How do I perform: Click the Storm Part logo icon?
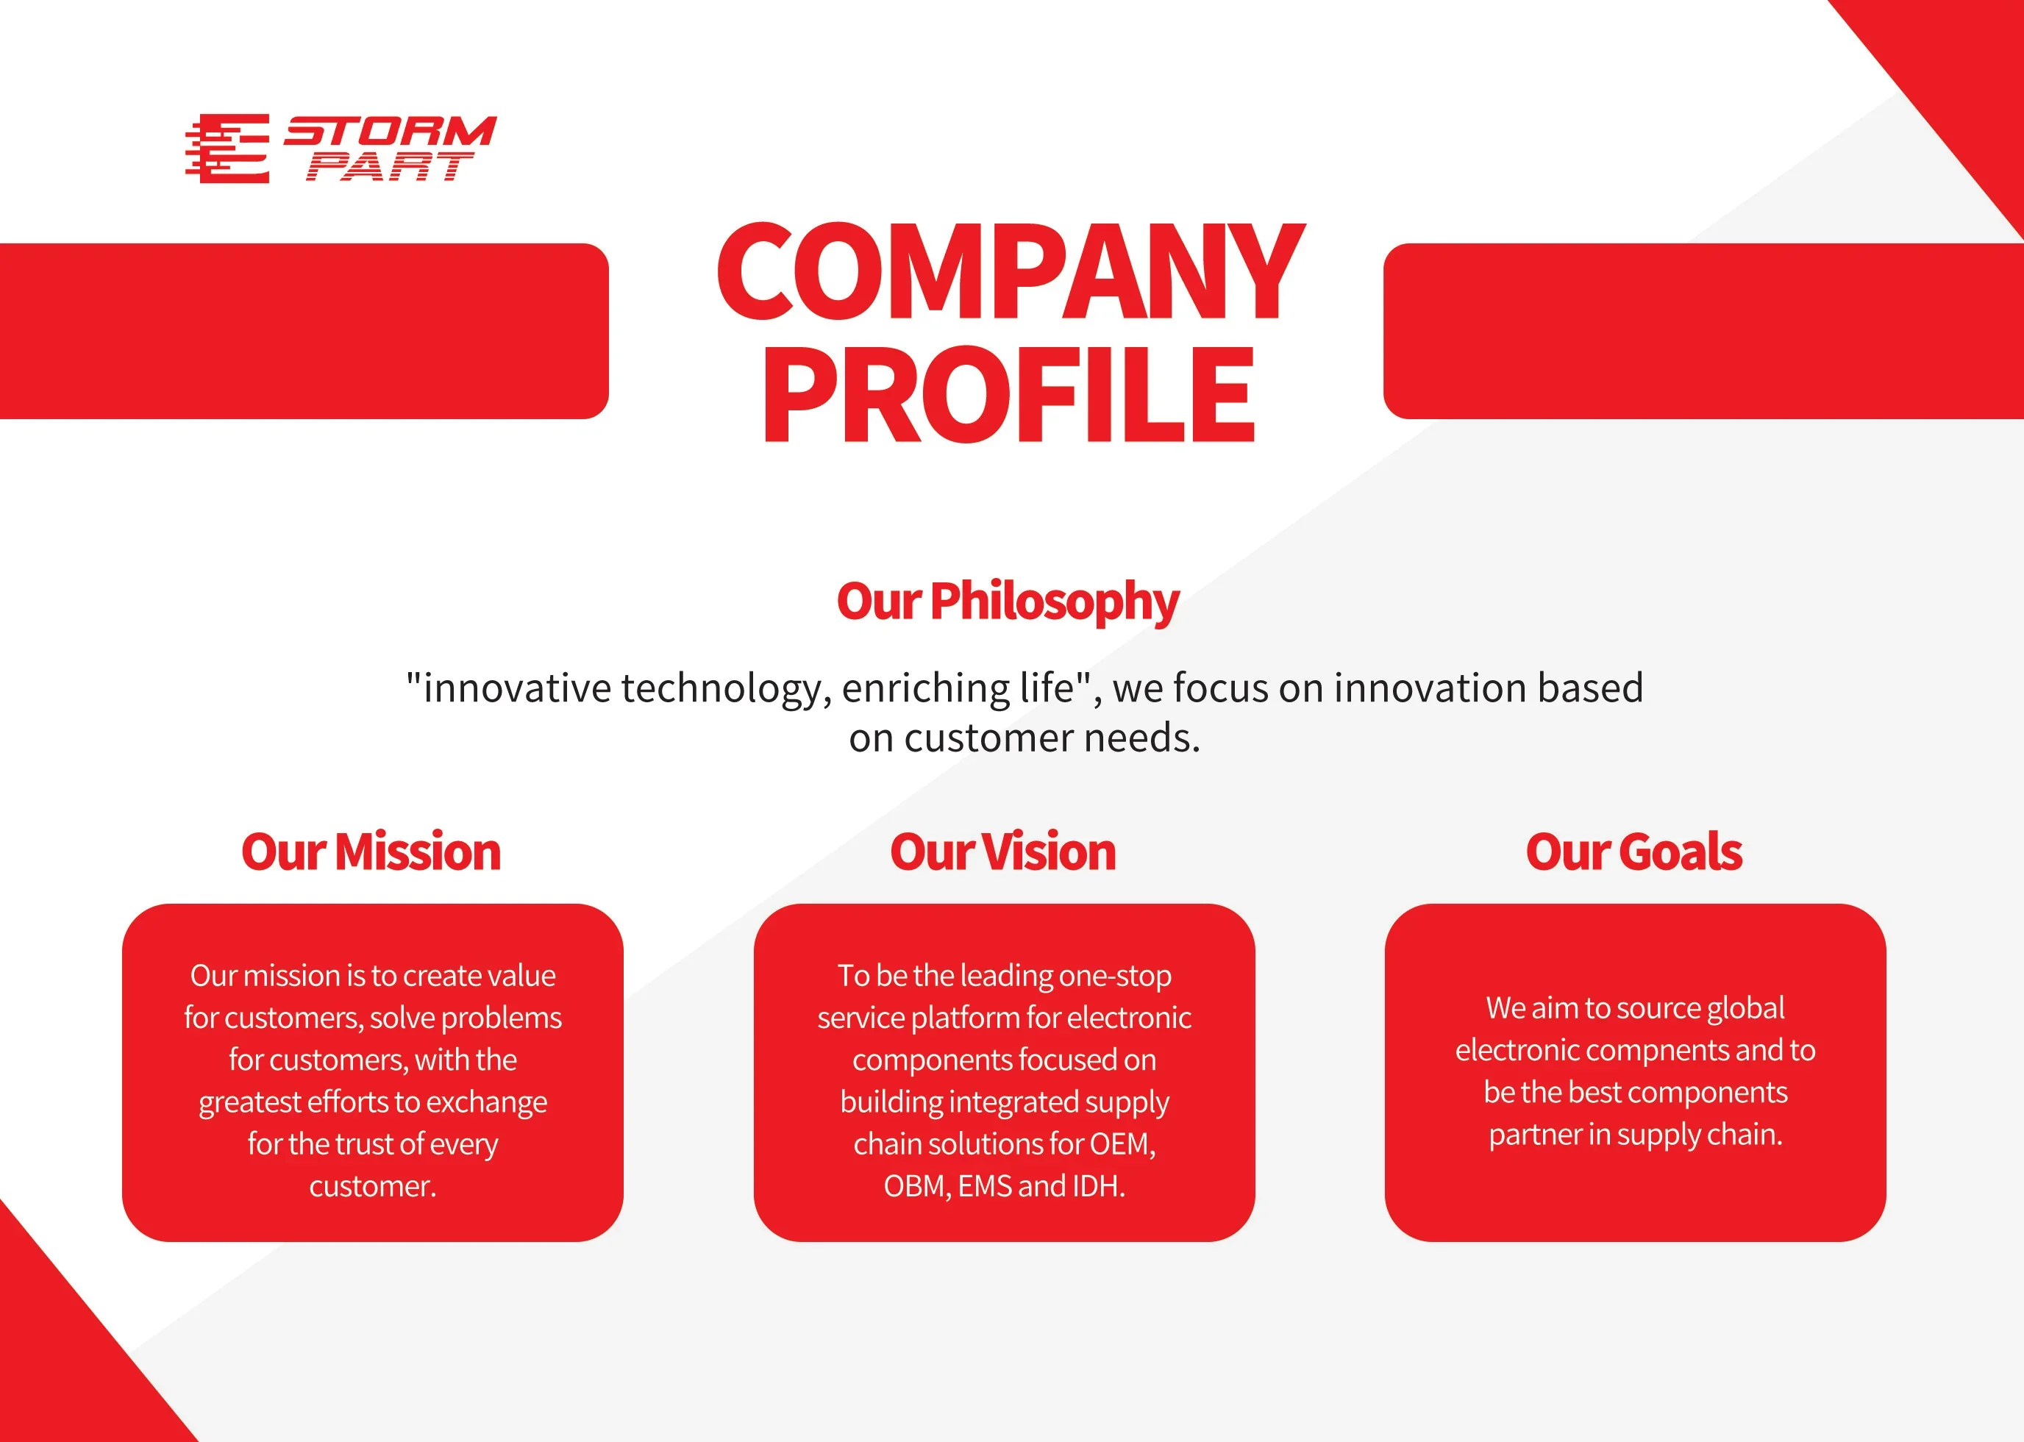227,149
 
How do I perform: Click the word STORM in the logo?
390,131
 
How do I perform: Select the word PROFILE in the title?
1009,394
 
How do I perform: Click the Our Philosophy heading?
1008,603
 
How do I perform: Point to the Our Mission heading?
371,852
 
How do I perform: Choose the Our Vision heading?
1004,852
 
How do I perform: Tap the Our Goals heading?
1634,852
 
